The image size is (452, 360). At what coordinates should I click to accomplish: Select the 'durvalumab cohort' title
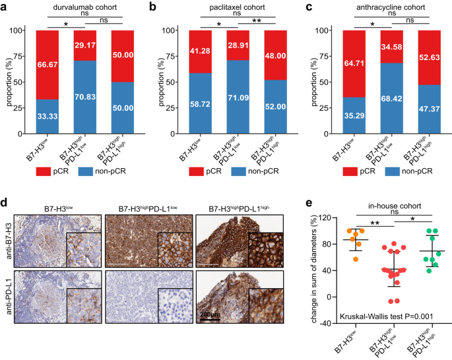click(x=82, y=7)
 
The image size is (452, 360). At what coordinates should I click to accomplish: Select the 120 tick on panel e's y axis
click(x=343, y=218)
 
